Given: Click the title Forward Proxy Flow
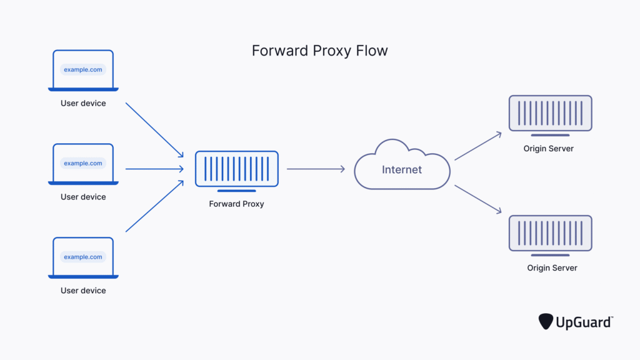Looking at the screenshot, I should [319, 51].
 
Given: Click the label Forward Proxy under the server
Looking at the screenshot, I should [236, 204].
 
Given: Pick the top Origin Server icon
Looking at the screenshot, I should [550, 115].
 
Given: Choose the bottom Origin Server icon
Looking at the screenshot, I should [550, 234].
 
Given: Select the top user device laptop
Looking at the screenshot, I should [83, 70].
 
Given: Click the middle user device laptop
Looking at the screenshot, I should [83, 164].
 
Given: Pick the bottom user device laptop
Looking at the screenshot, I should [83, 257].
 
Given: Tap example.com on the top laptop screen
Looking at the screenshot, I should [83, 69].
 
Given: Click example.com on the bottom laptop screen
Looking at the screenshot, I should [83, 257].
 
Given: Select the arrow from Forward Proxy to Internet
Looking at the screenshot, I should [316, 169].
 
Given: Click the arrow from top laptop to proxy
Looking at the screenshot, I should [154, 129].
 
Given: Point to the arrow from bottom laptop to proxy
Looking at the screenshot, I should [154, 206].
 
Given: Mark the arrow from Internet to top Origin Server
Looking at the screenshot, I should [478, 146].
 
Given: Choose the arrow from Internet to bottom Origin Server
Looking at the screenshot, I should [478, 199].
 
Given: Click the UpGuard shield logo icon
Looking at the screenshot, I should [545, 321].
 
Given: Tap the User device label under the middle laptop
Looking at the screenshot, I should [83, 197].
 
